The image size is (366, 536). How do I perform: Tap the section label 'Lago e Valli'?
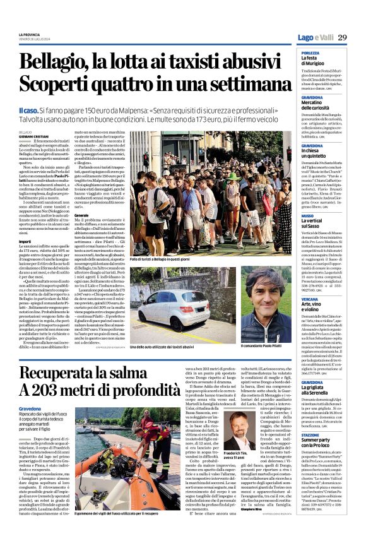pyautogui.click(x=315, y=39)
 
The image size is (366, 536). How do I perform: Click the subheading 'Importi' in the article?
pyautogui.click(x=25, y=241)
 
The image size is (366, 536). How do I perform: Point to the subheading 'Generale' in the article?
pyautogui.click(x=81, y=215)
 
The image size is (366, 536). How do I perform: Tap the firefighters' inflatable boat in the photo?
pyautogui.click(x=119, y=493)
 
